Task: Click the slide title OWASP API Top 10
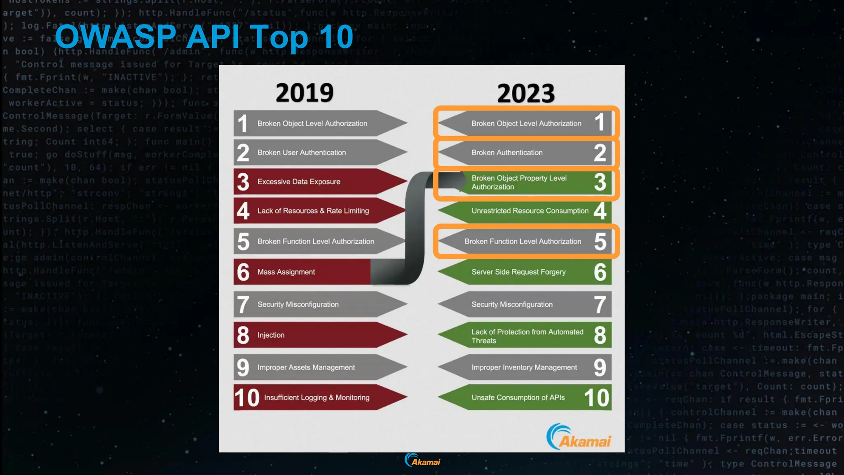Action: click(204, 37)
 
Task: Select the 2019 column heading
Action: click(305, 93)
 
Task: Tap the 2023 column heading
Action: click(526, 94)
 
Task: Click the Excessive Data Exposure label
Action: click(299, 181)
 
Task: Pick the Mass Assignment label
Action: click(286, 272)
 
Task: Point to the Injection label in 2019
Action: click(271, 335)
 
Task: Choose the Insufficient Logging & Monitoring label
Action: click(316, 397)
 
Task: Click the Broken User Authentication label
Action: click(302, 153)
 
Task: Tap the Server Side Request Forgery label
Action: click(518, 272)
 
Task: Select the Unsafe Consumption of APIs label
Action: click(518, 397)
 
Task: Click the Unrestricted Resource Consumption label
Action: click(530, 211)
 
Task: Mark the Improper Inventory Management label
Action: click(524, 367)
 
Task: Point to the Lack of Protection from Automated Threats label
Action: click(527, 336)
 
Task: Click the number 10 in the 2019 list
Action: click(246, 398)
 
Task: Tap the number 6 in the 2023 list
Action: click(600, 272)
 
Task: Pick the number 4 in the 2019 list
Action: click(243, 211)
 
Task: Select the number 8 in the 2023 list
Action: click(600, 335)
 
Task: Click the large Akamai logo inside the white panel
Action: click(579, 437)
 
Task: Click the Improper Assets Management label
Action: click(306, 367)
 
